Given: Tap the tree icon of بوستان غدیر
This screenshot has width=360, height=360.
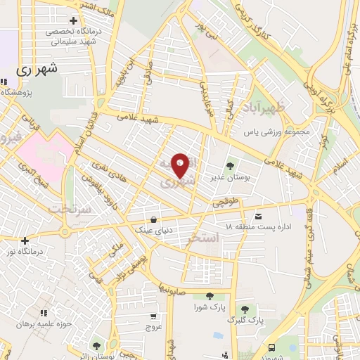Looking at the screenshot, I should pos(229,166).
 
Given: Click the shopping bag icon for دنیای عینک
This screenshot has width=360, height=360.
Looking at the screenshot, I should pos(153,219).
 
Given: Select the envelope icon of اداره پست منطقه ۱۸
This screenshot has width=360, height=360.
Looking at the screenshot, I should pos(259,216).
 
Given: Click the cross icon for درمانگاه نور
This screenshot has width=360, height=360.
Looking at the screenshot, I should pos(25,240).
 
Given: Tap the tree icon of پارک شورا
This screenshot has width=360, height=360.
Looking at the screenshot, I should pos(210,297).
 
